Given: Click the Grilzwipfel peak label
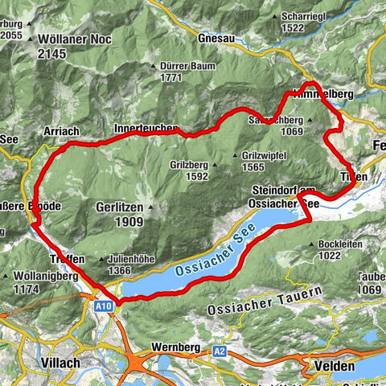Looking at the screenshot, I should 264,155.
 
